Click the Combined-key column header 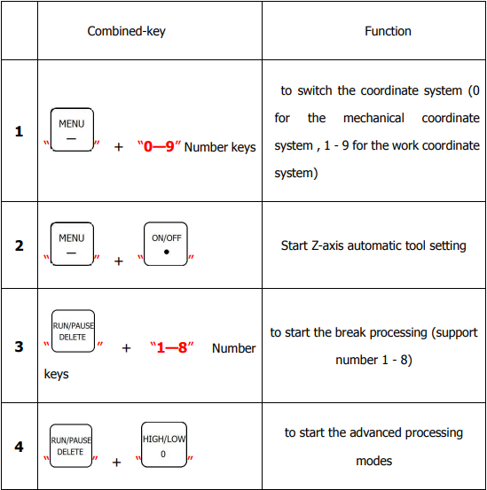coord(126,31)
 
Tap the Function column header coord(388,31)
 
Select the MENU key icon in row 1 coord(72,129)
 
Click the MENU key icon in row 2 coord(72,244)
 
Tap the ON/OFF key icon coord(166,244)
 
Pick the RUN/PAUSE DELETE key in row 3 coord(73,331)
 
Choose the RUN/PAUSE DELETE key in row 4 coord(71,446)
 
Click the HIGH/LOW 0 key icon coord(164,445)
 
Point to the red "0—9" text coord(159,146)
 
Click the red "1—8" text coord(172,347)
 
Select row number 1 coord(19,131)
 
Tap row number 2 coord(19,245)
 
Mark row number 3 coord(19,346)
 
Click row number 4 coord(19,447)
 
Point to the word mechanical coord(373,118)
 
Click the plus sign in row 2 coord(119,261)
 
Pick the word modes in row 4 coord(373,461)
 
